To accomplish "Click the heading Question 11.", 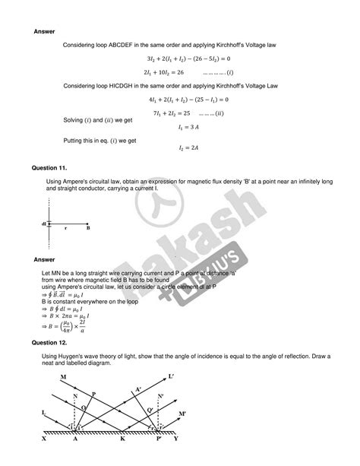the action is (x=49, y=166).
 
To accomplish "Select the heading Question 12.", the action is (x=49, y=343).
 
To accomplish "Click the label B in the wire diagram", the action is (x=88, y=227).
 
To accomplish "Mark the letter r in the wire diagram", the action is (x=65, y=227).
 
